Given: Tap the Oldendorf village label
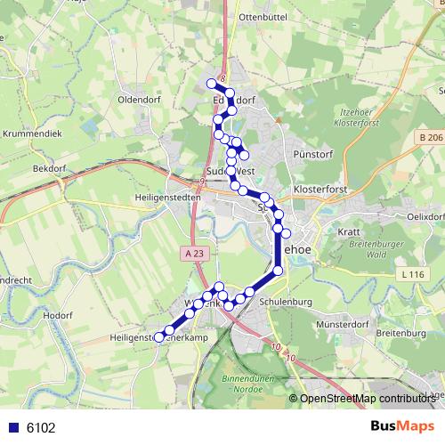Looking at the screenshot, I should click(x=138, y=100).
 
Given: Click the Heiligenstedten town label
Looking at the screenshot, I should click(x=163, y=195).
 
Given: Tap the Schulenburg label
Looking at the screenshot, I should click(x=285, y=303).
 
